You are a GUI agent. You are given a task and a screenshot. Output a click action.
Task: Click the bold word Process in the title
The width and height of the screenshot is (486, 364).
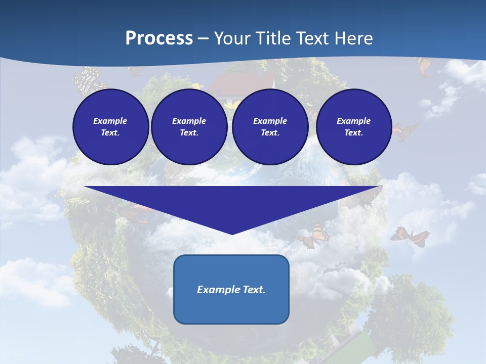pyautogui.click(x=159, y=38)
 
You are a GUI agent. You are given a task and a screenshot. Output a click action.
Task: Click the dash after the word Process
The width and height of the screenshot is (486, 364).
pyautogui.click(x=203, y=39)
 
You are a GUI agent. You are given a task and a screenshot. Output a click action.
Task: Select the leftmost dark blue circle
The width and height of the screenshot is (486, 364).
pyautogui.click(x=110, y=126)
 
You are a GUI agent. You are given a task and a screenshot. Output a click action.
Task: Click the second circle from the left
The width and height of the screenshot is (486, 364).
pyautogui.click(x=189, y=126)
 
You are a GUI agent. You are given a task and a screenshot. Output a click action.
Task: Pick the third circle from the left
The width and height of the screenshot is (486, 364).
pyautogui.click(x=270, y=126)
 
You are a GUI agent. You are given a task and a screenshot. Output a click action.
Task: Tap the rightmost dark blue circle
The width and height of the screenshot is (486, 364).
pyautogui.click(x=353, y=126)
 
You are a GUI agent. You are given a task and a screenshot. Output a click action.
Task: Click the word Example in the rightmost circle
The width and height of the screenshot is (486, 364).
pyautogui.click(x=353, y=121)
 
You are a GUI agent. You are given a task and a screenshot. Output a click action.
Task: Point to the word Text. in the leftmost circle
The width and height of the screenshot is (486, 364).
pyautogui.click(x=110, y=133)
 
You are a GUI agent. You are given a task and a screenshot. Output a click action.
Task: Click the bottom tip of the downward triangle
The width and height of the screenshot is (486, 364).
pyautogui.click(x=232, y=233)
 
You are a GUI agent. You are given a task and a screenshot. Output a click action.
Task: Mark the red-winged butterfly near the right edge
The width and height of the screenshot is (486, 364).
pyautogui.click(x=409, y=236)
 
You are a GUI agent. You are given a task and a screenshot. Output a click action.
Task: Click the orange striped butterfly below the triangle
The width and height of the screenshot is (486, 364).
pyautogui.click(x=314, y=236)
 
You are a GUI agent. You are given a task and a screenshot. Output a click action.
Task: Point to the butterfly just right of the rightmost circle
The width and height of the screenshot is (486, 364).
pyautogui.click(x=405, y=131)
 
